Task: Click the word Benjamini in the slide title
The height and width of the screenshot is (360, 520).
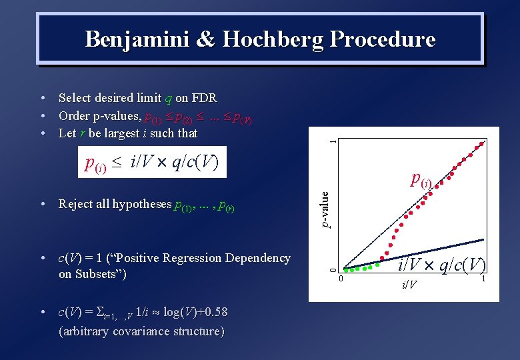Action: click(135, 39)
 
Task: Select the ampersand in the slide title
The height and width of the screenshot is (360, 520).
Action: click(204, 39)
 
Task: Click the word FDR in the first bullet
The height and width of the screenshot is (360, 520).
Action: click(204, 98)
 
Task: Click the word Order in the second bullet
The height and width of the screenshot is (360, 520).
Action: click(73, 115)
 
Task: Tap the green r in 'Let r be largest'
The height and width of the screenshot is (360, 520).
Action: click(82, 133)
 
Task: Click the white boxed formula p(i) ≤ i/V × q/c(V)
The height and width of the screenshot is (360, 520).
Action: click(152, 162)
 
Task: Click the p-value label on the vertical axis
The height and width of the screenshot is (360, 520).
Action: click(325, 209)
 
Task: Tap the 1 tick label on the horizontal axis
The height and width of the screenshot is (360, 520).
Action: click(483, 279)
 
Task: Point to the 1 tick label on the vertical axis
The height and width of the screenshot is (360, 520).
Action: click(334, 141)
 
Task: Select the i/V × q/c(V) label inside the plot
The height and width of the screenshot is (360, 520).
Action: click(442, 265)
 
